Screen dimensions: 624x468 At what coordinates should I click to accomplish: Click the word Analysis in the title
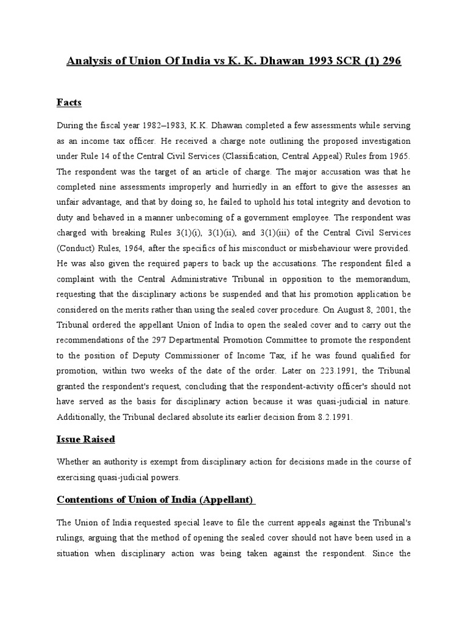click(90, 63)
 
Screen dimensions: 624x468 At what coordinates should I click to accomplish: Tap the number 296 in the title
click(388, 63)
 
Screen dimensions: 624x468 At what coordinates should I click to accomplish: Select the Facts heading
click(69, 102)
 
